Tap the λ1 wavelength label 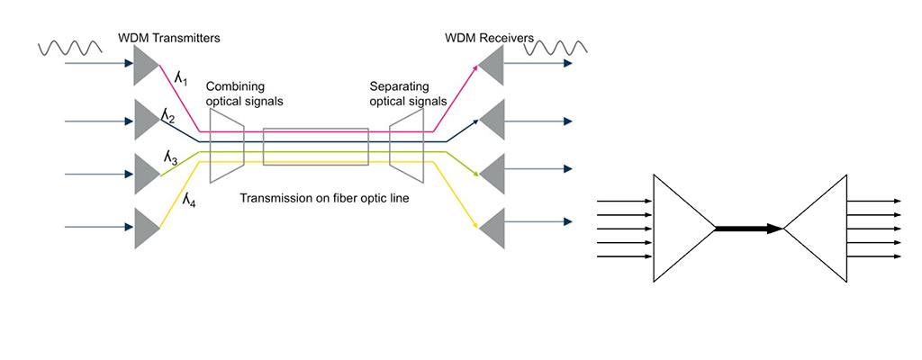[x=180, y=81]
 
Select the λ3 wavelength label [x=170, y=157]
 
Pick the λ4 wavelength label [x=189, y=201]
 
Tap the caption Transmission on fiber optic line [x=325, y=197]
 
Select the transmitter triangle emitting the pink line [x=144, y=65]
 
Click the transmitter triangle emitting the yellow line [x=144, y=228]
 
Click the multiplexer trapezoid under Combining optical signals [x=228, y=145]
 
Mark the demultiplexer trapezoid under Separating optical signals [x=406, y=145]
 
